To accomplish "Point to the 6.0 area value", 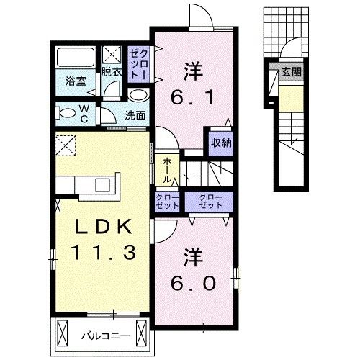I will tap(192, 284).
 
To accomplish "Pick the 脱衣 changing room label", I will tap(110, 72).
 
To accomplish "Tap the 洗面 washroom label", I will tap(135, 114).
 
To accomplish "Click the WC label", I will tap(85, 113).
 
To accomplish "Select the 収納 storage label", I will tap(221, 142).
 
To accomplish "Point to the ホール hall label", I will tap(167, 171).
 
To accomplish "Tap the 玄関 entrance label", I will tap(291, 72).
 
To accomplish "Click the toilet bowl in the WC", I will tap(66, 112).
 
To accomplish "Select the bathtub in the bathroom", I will tap(75, 58).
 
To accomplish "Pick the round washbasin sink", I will tap(138, 94).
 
